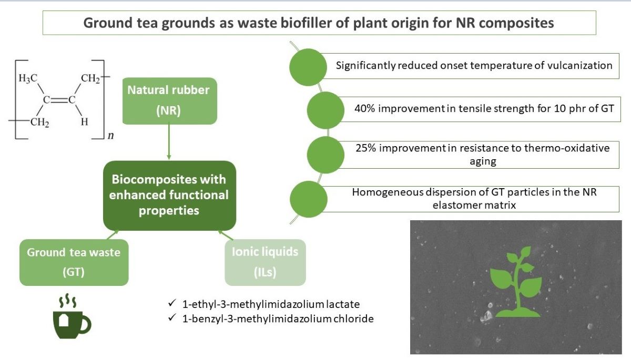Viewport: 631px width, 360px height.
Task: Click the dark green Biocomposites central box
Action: tap(170, 196)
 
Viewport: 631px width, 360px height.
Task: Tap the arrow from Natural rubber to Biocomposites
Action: tap(169, 142)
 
